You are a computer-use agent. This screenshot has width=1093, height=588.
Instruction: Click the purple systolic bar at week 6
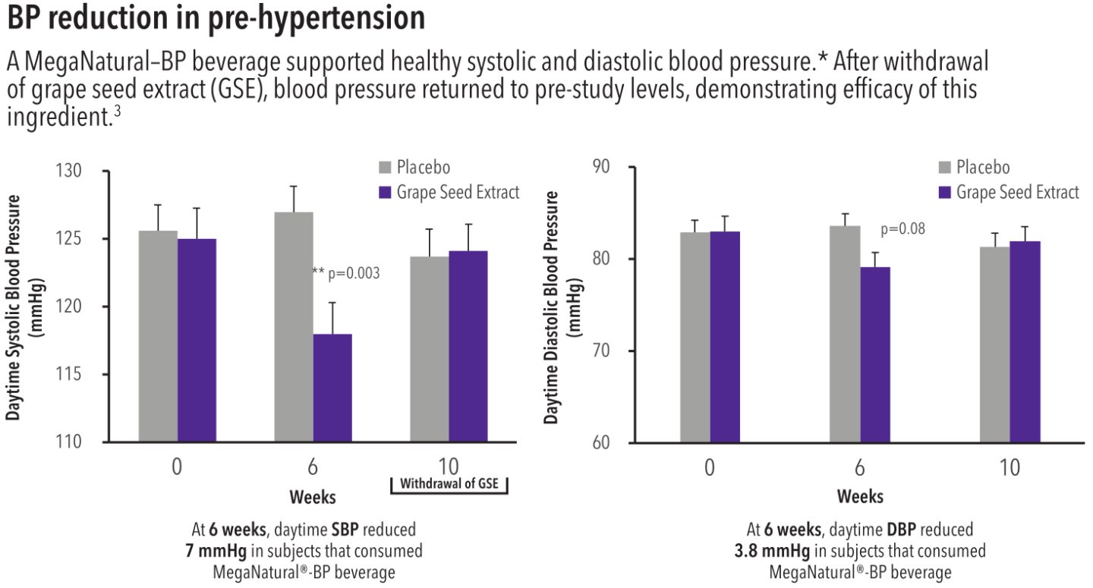(x=332, y=388)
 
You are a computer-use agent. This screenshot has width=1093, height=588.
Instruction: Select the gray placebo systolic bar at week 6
(x=294, y=327)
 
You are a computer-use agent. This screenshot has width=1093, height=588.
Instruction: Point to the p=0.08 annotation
(x=902, y=229)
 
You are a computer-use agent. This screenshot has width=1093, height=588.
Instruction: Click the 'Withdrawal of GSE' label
(x=449, y=484)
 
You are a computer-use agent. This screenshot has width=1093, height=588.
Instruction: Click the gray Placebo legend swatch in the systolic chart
(x=386, y=168)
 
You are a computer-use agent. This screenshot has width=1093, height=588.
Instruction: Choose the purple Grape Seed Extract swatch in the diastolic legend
(x=946, y=192)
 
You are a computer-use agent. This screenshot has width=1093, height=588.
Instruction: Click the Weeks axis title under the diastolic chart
(x=860, y=497)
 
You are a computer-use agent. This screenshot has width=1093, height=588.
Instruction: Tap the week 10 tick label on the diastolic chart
(x=1010, y=468)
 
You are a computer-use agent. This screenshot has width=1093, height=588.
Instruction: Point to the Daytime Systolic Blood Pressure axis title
(x=14, y=307)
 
